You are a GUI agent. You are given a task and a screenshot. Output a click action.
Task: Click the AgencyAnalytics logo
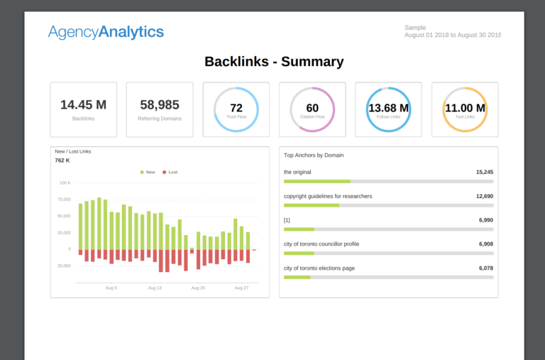[x=106, y=31]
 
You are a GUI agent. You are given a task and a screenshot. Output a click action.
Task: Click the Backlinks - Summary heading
[x=274, y=62]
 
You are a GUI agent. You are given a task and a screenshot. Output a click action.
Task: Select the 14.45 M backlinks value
[x=83, y=105]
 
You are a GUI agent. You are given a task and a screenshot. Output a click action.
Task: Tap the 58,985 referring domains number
[x=160, y=105]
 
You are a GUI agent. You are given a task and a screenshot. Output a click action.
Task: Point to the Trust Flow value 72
[x=236, y=108]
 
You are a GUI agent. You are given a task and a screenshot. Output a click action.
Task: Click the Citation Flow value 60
[x=312, y=108]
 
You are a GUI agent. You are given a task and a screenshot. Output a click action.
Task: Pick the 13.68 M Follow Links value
[x=388, y=108]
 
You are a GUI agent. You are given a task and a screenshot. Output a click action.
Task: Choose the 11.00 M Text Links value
[x=465, y=108]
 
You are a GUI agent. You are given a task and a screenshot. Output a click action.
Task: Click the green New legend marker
[x=142, y=173]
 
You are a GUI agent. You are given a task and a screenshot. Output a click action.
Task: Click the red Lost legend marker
[x=165, y=173]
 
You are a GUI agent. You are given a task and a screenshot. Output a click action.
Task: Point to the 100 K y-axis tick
[x=65, y=183]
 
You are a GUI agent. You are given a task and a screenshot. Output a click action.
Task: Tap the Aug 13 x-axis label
[x=155, y=288]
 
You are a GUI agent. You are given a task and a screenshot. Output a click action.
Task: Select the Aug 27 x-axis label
[x=241, y=288]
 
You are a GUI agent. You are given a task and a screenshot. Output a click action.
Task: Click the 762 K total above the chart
[x=62, y=160]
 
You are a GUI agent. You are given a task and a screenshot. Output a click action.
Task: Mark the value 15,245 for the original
[x=485, y=172]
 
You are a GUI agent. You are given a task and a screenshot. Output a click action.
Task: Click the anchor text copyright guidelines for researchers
[x=328, y=196]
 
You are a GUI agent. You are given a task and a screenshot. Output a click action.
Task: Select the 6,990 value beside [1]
[x=486, y=220]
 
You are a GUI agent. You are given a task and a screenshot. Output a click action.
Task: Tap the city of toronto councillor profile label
[x=321, y=244]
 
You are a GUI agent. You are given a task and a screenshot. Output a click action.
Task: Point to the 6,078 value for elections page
[x=486, y=268]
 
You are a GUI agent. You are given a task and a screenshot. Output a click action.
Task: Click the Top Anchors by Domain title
[x=314, y=155]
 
